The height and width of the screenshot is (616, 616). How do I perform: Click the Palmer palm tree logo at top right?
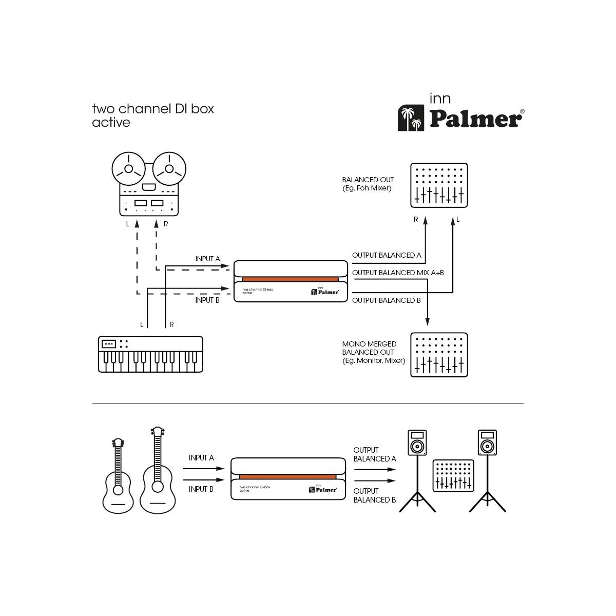pos(411,119)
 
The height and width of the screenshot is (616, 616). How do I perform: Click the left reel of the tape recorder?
pos(128,169)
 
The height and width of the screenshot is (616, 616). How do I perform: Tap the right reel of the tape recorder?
pos(169,169)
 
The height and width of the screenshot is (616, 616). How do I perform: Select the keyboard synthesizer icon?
pos(150,354)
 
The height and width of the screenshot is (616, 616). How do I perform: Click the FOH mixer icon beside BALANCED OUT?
pos(439,185)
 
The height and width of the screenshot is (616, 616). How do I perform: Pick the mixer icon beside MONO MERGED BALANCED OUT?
pos(439,355)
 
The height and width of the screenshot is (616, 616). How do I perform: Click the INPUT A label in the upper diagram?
pos(207,259)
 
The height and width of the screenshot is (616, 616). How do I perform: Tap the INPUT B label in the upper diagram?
pos(207,300)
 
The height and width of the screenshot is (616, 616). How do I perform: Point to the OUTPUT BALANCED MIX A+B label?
pos(398,273)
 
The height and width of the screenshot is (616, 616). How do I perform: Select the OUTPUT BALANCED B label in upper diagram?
pos(387,300)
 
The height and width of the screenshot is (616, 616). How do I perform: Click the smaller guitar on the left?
pos(118,477)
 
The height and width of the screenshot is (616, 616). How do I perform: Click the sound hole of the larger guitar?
pos(157,486)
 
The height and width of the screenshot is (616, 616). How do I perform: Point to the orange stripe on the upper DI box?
pos(290,279)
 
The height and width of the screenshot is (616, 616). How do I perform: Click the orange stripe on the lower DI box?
pos(287,477)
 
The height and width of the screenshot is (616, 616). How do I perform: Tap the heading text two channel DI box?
pos(153,109)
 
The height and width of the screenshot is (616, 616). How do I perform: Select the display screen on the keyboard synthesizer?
pos(109,344)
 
